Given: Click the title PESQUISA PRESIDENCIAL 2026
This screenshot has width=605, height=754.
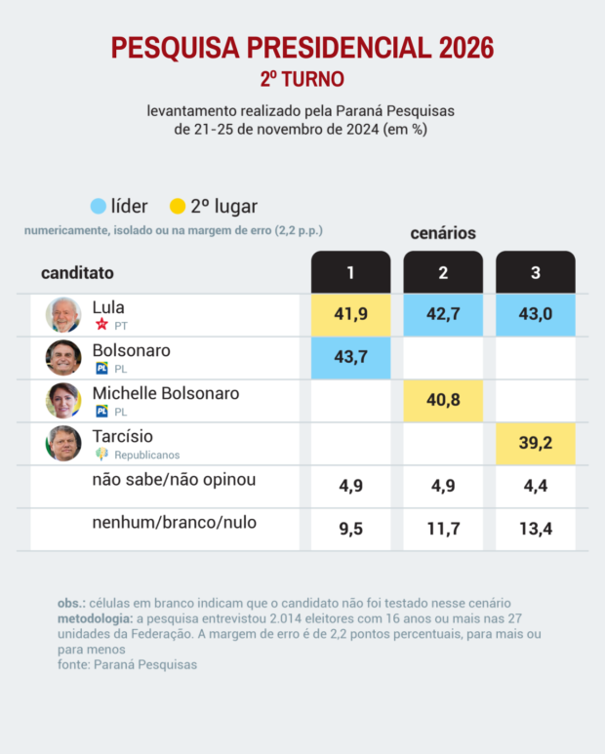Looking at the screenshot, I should [302, 48].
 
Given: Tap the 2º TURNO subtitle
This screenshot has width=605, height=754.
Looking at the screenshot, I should [302, 78].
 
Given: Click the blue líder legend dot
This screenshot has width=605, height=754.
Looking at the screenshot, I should [98, 207].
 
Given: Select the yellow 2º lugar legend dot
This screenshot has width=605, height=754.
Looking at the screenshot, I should [177, 207].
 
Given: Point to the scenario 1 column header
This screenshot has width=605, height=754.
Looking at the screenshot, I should [350, 272].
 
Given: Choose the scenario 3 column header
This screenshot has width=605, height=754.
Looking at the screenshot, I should [536, 272].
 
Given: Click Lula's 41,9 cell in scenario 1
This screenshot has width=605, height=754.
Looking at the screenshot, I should [350, 314].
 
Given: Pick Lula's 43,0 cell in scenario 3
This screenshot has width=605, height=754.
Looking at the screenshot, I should [536, 314].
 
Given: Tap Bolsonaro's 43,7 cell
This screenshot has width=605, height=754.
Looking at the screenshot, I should [350, 357].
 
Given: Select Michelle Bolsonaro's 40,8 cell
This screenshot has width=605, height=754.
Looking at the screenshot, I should [443, 400].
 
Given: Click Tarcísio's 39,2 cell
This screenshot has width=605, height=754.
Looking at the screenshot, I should [536, 443].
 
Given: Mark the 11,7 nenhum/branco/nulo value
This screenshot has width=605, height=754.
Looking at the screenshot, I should [443, 529].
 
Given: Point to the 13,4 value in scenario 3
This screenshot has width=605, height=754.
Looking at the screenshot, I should [536, 529].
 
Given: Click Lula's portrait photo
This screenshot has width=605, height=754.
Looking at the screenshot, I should [63, 314].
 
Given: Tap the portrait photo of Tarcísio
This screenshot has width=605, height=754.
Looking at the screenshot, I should [63, 443].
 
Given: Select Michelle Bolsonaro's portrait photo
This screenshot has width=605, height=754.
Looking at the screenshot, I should [63, 400].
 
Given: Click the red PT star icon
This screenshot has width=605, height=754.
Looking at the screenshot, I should [101, 324].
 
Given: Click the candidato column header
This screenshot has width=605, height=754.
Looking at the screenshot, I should [77, 273].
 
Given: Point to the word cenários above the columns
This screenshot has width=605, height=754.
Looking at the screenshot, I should [443, 233].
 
